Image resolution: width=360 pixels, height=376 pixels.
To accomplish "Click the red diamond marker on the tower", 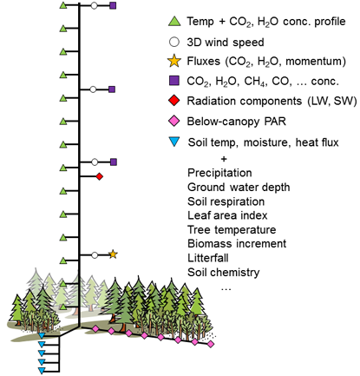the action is point(100,176).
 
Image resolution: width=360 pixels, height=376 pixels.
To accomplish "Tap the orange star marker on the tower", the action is point(113,254).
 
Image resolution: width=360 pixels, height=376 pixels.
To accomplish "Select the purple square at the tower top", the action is point(113,5).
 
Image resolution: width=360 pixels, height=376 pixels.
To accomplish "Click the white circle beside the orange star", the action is point(95,255).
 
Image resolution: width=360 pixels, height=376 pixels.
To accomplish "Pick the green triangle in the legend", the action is point(174,22).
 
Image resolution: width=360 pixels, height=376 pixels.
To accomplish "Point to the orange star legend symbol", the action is point(174,61).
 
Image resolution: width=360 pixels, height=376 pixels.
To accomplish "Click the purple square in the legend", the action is point(174,81).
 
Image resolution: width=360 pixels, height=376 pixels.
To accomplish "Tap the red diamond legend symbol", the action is point(174,101).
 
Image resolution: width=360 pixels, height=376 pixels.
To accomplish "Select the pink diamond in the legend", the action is point(174,121).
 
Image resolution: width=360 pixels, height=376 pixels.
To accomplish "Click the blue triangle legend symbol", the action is point(174,142).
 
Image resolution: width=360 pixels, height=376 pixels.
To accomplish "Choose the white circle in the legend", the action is point(174,42).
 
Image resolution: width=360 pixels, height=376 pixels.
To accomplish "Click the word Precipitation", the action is point(219,173).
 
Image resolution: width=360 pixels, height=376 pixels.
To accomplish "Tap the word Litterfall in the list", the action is point(208,258).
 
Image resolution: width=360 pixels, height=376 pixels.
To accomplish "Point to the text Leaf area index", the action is point(227,215).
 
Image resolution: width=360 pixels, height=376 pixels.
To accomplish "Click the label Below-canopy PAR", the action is point(236,122).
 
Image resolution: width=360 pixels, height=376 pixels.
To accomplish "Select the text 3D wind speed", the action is point(226,43).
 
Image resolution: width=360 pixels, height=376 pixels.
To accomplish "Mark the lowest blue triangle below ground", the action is point(42,371).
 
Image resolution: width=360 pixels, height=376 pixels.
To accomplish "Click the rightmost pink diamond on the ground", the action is point(211,344).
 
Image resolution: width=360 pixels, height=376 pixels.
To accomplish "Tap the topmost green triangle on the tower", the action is point(63,5).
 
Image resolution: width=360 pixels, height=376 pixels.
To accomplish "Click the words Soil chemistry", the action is point(224,273).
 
